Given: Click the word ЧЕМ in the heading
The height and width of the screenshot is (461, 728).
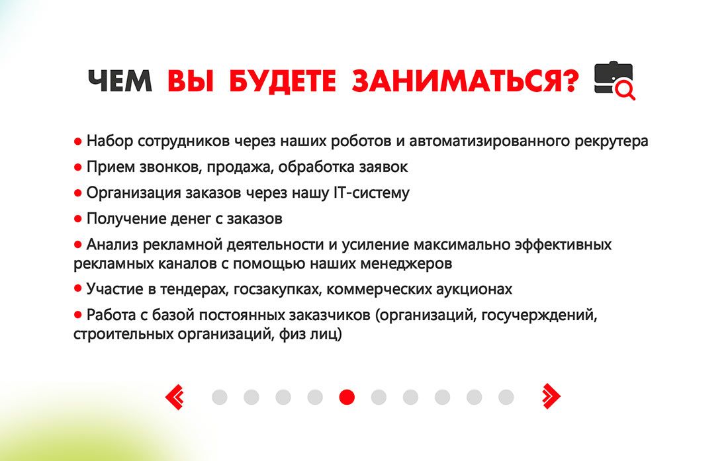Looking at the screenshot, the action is pos(120,81).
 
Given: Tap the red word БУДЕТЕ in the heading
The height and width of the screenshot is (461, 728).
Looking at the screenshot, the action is pos(283,81).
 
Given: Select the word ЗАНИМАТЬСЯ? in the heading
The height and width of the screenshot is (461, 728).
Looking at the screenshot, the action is pos(465,81).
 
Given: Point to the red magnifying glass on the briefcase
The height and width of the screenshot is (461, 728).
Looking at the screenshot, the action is pos(625,89).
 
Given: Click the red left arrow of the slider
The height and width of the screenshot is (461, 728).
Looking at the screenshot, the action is pos(175,397).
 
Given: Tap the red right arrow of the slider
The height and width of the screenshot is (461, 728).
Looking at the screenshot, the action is pos(551,397).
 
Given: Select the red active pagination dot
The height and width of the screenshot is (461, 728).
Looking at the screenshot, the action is pos(347,397).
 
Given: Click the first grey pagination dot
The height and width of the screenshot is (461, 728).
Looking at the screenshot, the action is pos(220,397).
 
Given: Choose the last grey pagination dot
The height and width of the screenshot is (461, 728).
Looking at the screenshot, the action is pos(506,397).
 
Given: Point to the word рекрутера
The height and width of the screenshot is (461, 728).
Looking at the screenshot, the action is pos(611,141).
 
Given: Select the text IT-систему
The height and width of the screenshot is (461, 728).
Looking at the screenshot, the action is pos(371,192).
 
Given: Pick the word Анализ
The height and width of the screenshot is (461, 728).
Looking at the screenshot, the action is pos(112,245).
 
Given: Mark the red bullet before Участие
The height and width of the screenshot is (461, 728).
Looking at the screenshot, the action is pos(77,288).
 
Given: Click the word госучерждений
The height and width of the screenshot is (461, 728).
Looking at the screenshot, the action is pos(539,315).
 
